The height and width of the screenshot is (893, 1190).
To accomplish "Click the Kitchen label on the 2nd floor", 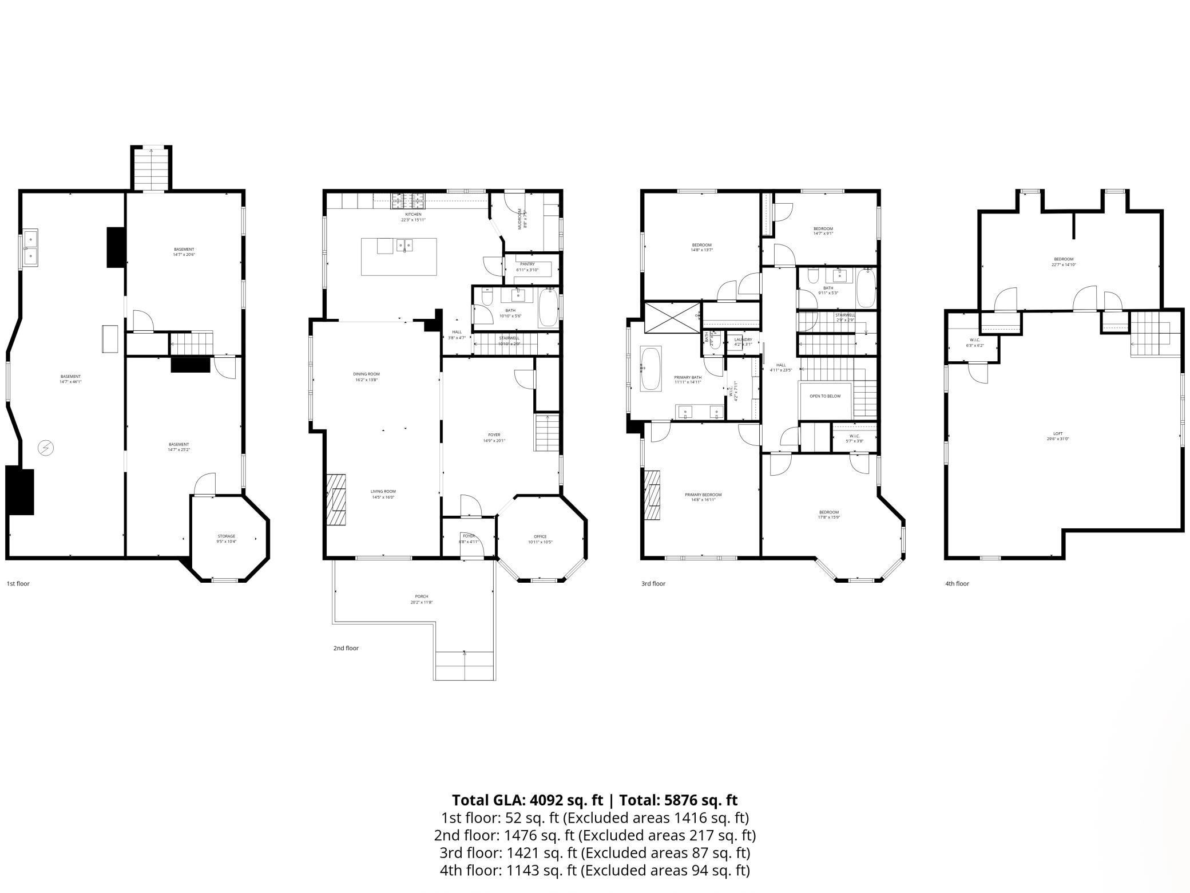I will click(413, 215).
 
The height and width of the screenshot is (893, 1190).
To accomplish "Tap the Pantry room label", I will click(527, 264).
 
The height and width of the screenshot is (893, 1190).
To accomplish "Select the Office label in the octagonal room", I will click(540, 536).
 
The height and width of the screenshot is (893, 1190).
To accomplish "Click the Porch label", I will click(421, 596).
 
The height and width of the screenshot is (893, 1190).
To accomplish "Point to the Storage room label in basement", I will click(226, 536).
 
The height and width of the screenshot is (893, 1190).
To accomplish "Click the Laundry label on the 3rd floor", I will click(743, 340).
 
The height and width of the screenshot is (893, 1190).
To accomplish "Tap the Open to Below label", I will click(825, 396).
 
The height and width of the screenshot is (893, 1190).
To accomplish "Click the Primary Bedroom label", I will click(703, 495).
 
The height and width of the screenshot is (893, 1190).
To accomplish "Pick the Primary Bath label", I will click(688, 378).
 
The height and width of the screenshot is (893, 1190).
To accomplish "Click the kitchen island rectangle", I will click(399, 257).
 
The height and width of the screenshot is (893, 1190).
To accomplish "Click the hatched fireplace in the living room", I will click(336, 493).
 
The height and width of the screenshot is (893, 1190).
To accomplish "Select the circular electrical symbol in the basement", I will click(45, 448).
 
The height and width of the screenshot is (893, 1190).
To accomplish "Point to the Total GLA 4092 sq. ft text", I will click(527, 800).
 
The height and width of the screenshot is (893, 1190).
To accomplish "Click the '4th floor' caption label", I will click(957, 584).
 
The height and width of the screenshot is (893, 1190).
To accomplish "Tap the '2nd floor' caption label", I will click(346, 649).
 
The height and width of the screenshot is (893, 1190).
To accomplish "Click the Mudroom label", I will click(521, 219).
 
